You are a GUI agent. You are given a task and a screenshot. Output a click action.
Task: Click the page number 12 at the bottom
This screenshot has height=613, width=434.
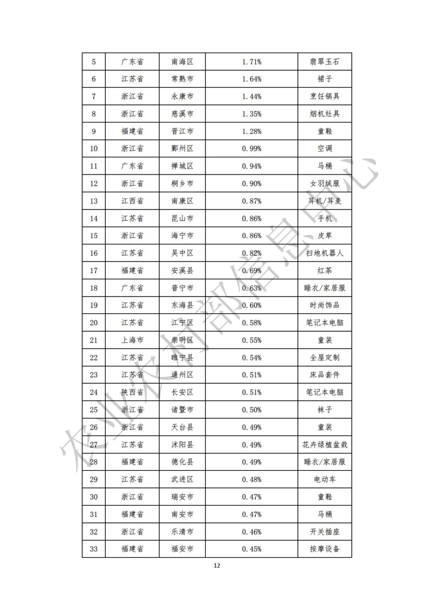[x=217, y=566]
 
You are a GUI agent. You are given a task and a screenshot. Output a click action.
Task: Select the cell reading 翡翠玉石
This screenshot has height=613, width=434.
[x=325, y=62]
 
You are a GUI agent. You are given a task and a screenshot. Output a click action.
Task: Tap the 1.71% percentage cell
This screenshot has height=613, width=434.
[x=252, y=62]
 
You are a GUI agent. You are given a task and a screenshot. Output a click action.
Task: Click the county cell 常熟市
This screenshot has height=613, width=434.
[x=182, y=79]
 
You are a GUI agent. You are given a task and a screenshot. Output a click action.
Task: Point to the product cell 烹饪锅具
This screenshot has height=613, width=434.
[x=325, y=96]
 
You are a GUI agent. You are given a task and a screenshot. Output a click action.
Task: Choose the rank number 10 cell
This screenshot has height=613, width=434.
[x=94, y=149]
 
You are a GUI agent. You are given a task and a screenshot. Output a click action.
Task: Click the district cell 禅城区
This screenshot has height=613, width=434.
[x=182, y=166]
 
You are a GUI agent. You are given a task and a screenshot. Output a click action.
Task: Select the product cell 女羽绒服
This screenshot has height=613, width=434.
[x=325, y=183]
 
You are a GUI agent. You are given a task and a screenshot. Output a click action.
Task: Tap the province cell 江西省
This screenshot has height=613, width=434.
[x=132, y=201]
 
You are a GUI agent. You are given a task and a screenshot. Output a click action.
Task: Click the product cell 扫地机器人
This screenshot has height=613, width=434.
[x=325, y=253]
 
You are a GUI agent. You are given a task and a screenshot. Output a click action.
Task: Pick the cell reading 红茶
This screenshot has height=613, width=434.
[x=325, y=271]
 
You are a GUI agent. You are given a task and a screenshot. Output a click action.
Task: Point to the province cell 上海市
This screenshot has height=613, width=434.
[x=132, y=340]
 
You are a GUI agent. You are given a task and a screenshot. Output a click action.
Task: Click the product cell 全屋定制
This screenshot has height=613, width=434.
[x=325, y=358]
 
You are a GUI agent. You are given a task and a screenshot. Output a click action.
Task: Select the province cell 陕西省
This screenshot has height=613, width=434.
[x=132, y=392]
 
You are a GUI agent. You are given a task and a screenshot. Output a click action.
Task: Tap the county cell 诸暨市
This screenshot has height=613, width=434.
[x=182, y=410]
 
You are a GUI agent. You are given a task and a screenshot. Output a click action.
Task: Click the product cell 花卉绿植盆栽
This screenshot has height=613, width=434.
[x=325, y=445]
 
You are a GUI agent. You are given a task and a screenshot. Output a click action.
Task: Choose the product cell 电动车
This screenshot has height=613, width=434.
[x=325, y=479]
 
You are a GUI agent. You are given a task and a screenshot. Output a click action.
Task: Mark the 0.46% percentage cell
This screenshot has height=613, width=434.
[x=252, y=532]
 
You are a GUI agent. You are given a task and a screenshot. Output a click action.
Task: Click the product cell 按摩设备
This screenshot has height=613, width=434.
[x=325, y=549]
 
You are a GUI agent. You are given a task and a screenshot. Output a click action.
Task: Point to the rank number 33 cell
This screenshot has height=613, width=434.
[x=94, y=549]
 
